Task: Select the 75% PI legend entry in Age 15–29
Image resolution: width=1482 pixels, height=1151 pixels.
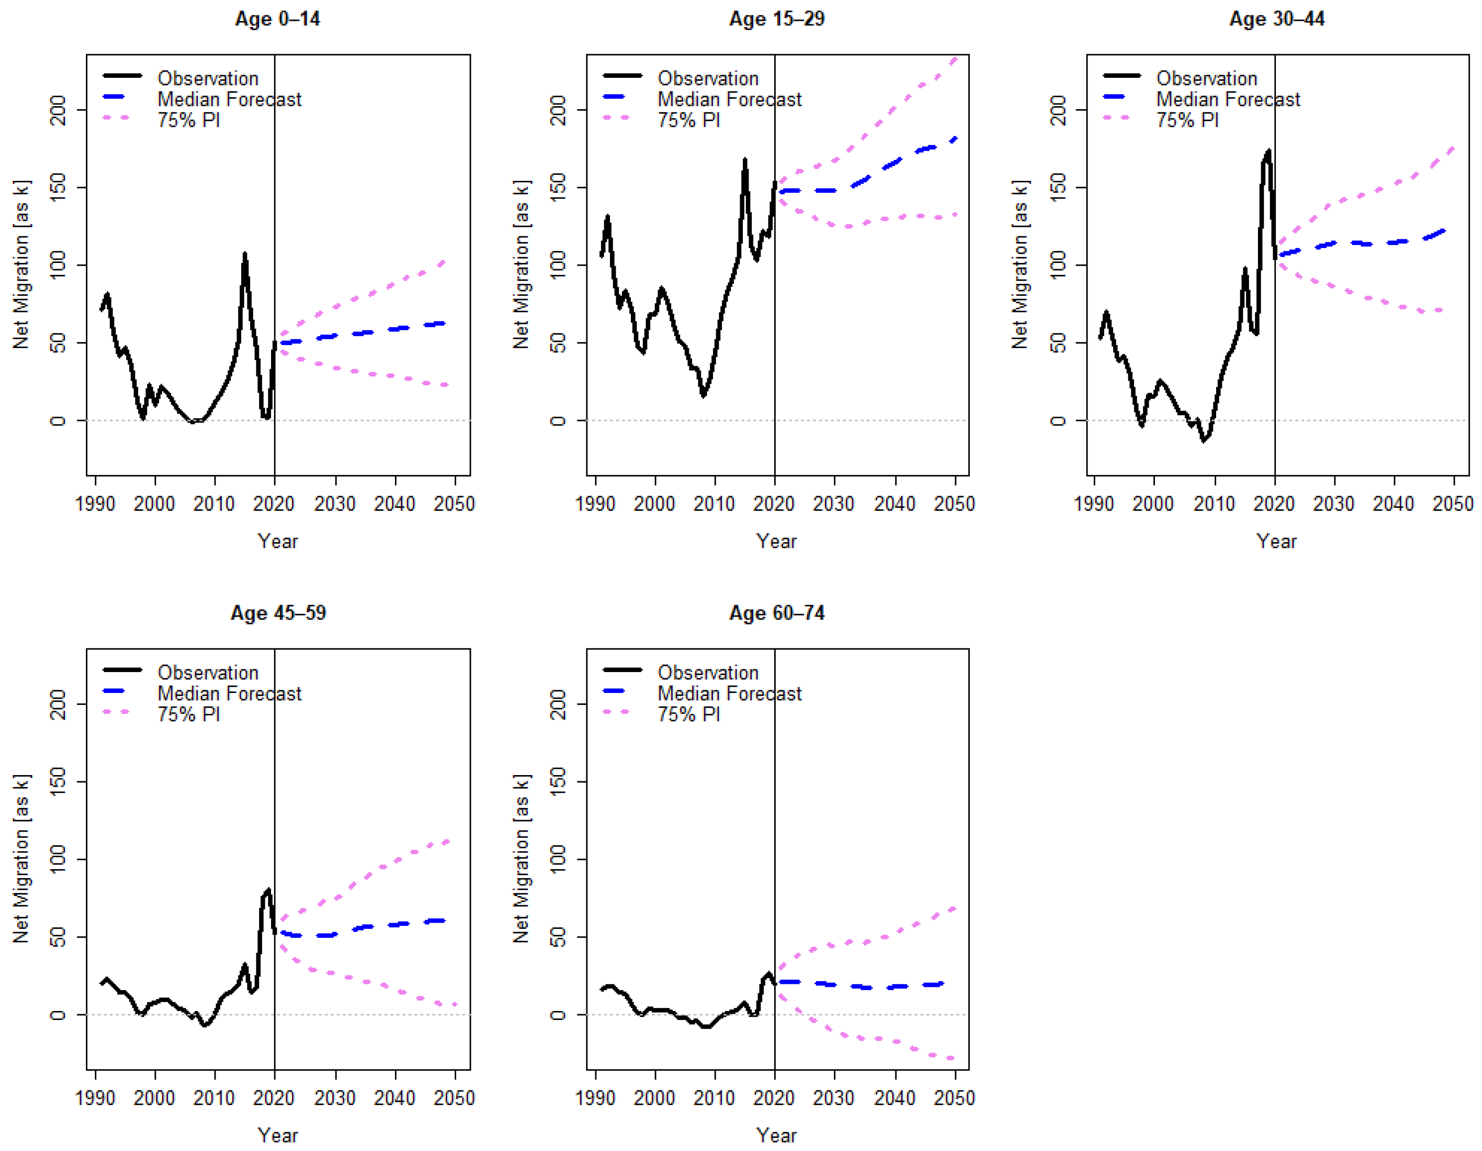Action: click(688, 120)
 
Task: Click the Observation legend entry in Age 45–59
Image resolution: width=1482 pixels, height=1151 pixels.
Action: click(207, 672)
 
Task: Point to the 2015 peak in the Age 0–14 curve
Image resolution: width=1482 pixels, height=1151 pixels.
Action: click(244, 254)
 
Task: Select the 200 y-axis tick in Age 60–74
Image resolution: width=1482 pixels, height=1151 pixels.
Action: click(558, 704)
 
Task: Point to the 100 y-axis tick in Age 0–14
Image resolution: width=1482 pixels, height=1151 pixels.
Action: click(58, 265)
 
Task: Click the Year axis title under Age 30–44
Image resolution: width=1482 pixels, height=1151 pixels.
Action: click(1276, 541)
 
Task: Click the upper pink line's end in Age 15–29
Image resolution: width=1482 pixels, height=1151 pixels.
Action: click(956, 58)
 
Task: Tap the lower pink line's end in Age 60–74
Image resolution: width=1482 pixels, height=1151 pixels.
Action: click(954, 1058)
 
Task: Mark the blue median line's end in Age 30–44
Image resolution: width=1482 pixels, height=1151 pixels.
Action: click(1444, 231)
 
